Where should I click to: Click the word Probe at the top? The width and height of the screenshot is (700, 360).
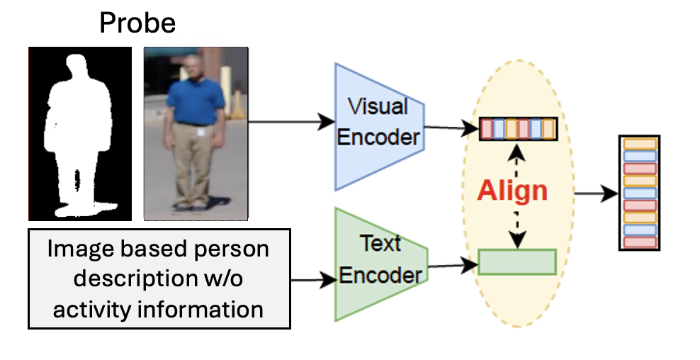(x=137, y=23)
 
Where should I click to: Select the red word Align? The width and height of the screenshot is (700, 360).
(x=512, y=191)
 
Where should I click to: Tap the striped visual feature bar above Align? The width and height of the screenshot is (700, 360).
(x=518, y=128)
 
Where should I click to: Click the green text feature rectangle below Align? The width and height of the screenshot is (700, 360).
(x=517, y=261)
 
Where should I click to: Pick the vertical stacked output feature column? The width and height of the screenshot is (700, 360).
(x=640, y=193)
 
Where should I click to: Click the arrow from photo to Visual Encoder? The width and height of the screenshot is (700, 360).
(x=290, y=120)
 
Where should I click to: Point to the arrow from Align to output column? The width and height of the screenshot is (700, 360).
(x=594, y=192)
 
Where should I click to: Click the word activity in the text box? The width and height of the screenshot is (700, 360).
(x=96, y=310)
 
